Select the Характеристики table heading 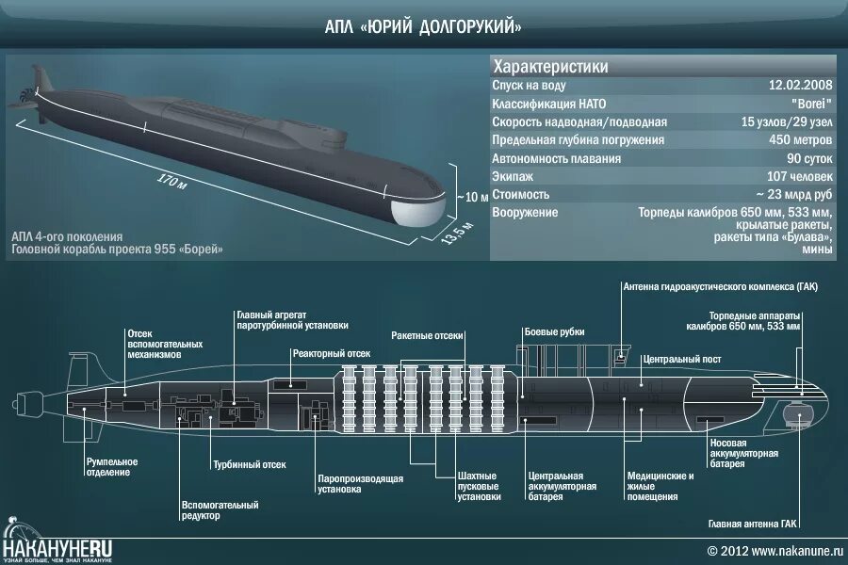point(550,67)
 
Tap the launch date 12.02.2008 point(802,84)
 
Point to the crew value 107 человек point(799,176)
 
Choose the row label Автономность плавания point(555,158)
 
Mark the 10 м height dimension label point(476,198)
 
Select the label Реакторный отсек point(331,353)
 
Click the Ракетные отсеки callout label point(428,335)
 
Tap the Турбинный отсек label point(249,465)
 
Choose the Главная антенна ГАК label point(754,523)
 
